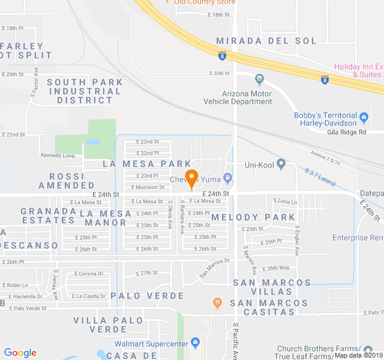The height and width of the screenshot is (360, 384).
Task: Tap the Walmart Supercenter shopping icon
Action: point(195,343)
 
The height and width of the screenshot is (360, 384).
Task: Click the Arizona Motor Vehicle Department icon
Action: point(259,79)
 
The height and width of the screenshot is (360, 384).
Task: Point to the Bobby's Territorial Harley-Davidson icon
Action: point(364,115)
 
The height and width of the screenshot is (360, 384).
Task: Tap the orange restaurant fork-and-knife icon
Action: point(217,304)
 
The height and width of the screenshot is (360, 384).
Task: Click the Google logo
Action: point(20,353)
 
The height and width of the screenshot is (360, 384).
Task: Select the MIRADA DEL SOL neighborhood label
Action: point(266,41)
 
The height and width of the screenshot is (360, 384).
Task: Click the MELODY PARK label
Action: point(245,217)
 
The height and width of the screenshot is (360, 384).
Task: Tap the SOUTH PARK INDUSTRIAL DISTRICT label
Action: point(84,91)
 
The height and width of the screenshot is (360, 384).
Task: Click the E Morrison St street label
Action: point(148,187)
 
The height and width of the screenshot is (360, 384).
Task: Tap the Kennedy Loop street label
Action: point(58,155)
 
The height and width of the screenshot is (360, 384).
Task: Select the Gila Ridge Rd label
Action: point(347,132)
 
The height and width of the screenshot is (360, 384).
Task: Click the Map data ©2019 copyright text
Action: point(358,355)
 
